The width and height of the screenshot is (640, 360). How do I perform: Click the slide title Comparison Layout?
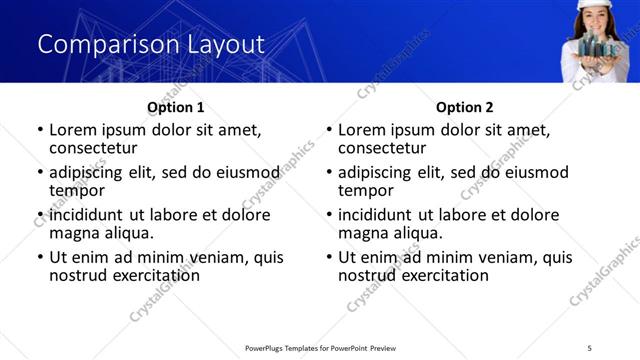click(151, 44)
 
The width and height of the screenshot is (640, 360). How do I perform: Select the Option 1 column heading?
click(175, 107)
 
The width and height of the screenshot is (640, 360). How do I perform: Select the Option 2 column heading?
click(464, 107)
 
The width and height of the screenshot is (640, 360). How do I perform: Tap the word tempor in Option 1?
click(76, 190)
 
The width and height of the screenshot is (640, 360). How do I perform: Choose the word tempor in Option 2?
click(365, 190)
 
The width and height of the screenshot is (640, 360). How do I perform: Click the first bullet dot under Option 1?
click(39, 130)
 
